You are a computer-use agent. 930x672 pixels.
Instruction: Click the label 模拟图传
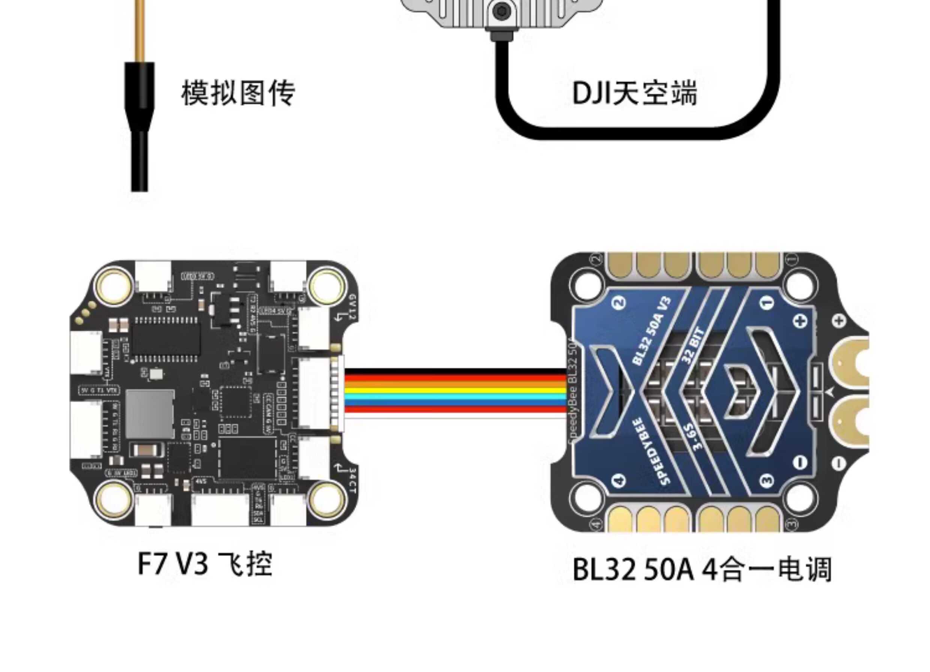coord(238,93)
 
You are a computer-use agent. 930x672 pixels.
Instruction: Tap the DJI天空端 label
coord(634,93)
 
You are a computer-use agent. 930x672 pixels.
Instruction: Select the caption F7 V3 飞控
coord(205,564)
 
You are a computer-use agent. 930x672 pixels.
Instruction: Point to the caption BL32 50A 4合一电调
coord(702,569)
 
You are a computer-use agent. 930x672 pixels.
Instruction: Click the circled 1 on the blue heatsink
coord(767,303)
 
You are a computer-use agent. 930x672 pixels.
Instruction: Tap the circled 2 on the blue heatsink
coord(619,303)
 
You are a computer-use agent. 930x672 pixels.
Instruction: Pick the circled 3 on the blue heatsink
coord(767,480)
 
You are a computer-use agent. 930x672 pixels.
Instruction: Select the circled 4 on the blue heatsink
coord(619,480)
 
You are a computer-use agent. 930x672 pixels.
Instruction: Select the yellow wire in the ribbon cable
coord(455,390)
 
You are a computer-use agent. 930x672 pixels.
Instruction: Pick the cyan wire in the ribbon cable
coord(455,397)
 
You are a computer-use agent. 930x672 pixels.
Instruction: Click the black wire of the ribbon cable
coord(455,372)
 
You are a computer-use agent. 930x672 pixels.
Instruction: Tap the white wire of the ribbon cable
coord(455,415)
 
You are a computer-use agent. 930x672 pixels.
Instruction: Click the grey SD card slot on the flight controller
coord(150,414)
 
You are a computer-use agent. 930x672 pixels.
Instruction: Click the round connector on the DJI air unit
coord(501,12)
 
